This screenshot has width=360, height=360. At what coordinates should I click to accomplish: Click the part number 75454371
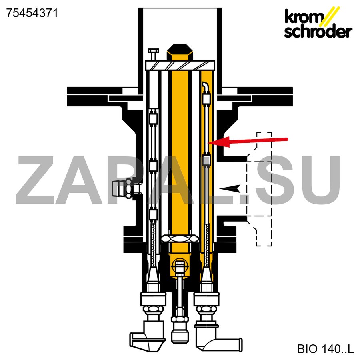(32, 13)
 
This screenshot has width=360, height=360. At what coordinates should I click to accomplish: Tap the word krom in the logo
(303, 17)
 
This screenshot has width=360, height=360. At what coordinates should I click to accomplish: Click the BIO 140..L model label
(325, 348)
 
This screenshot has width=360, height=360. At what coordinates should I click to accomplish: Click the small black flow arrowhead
(230, 188)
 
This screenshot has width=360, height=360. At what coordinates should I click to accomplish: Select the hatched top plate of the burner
(180, 66)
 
